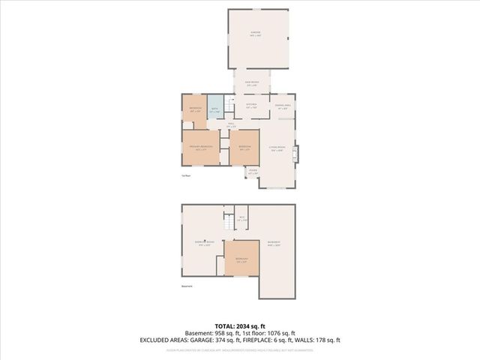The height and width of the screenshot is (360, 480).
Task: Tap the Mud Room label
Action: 253,83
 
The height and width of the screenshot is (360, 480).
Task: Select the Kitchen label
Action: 252,106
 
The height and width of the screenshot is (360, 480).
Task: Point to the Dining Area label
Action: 282,106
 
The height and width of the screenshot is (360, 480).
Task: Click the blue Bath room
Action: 214,110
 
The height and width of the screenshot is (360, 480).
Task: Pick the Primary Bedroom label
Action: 199,147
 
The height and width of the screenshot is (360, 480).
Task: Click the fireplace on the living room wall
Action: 297,153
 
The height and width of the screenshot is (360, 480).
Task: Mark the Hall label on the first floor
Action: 232,125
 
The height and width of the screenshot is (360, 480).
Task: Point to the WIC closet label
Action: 241,218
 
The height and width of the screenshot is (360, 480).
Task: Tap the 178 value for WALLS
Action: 330,340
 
